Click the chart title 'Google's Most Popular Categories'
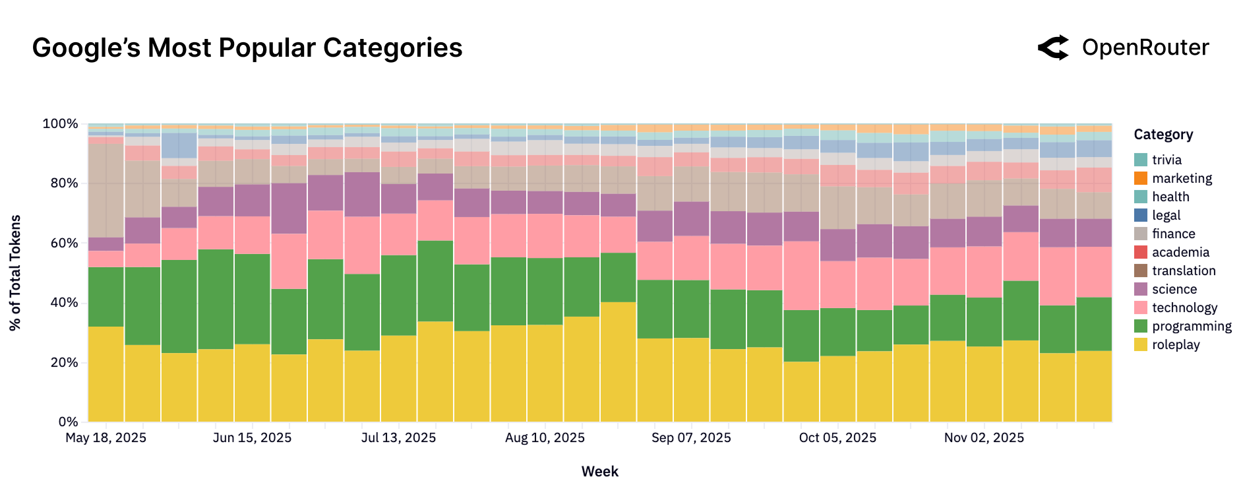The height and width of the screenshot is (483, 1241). [x=247, y=48]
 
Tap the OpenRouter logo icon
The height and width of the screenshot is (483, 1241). [x=1053, y=48]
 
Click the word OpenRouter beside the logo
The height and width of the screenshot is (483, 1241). [x=1145, y=48]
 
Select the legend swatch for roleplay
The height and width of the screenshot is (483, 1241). [x=1140, y=344]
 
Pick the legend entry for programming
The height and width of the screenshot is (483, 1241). [x=1191, y=326]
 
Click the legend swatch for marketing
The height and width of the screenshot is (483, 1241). [x=1140, y=178]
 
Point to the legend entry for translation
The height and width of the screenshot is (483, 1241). [x=1183, y=271]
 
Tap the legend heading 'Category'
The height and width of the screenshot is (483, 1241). [x=1163, y=135]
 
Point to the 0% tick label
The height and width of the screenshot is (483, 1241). [x=67, y=422]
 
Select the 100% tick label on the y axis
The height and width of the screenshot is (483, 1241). [x=60, y=124]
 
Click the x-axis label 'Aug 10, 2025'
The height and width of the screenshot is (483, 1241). [x=545, y=438]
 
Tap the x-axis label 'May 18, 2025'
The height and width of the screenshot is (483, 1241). [x=106, y=438]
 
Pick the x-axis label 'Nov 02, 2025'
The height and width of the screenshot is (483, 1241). [x=984, y=438]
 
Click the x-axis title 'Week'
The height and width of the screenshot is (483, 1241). [x=599, y=471]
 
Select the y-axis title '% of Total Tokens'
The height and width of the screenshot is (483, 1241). [x=15, y=273]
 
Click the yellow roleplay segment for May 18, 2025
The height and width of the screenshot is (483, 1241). [x=106, y=374]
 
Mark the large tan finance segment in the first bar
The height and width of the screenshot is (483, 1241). [x=106, y=190]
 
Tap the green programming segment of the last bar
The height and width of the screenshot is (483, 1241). [x=1093, y=324]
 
